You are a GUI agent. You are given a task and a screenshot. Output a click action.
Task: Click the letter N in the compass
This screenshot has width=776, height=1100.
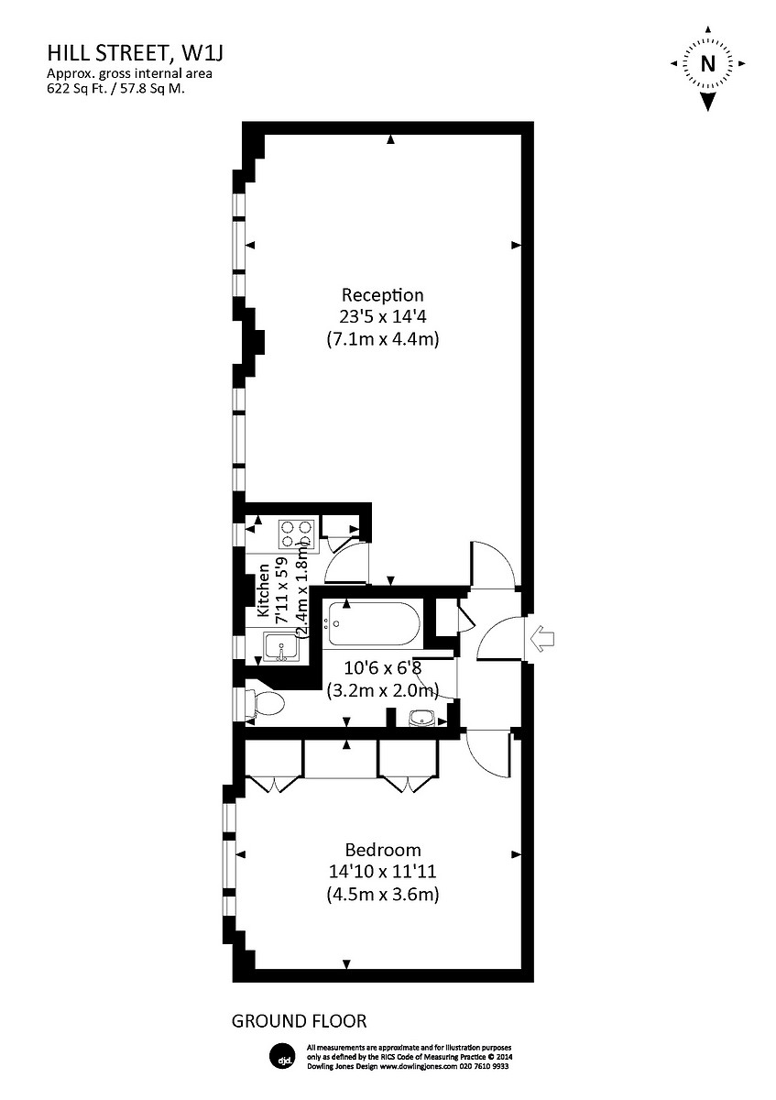point(707,64)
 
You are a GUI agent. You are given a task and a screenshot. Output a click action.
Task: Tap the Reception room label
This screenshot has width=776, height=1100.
point(382,295)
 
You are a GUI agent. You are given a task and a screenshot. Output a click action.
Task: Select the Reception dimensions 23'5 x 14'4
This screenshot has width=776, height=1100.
point(382,317)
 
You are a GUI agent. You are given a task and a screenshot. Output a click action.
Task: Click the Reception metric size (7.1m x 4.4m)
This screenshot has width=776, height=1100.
point(382,339)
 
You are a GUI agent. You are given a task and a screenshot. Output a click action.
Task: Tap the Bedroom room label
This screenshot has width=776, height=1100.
point(382,849)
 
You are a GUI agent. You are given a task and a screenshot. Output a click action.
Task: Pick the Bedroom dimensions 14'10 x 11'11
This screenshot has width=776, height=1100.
point(382,872)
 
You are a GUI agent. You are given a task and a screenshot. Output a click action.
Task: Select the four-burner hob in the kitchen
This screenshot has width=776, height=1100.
point(296,533)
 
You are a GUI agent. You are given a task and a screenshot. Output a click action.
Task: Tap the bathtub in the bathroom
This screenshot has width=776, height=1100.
point(374,624)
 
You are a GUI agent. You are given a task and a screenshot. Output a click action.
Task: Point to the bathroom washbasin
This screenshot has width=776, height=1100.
point(422,718)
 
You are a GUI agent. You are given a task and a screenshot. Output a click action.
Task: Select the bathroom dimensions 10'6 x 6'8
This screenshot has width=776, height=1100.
point(382,668)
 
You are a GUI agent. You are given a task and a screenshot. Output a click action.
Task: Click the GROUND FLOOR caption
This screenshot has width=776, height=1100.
point(299,1020)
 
